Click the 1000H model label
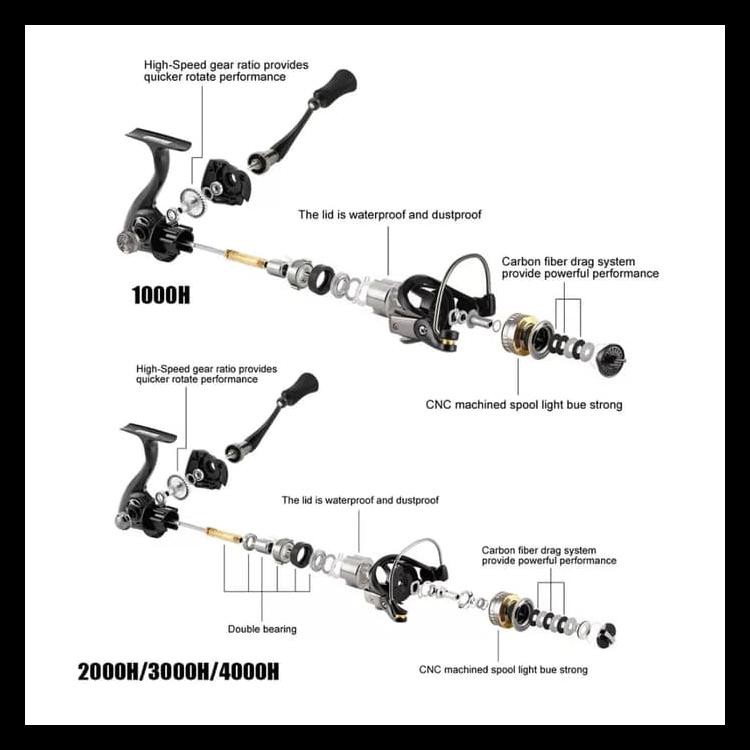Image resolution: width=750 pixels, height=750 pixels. (x=161, y=296)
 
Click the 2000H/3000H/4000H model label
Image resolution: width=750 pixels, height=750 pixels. (x=178, y=671)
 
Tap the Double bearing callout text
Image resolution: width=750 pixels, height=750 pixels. (x=262, y=629)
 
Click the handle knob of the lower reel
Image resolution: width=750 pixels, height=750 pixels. (x=300, y=387)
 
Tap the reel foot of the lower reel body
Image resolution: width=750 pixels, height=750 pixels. (x=148, y=433)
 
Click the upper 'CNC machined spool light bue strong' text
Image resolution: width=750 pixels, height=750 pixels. (x=524, y=405)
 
